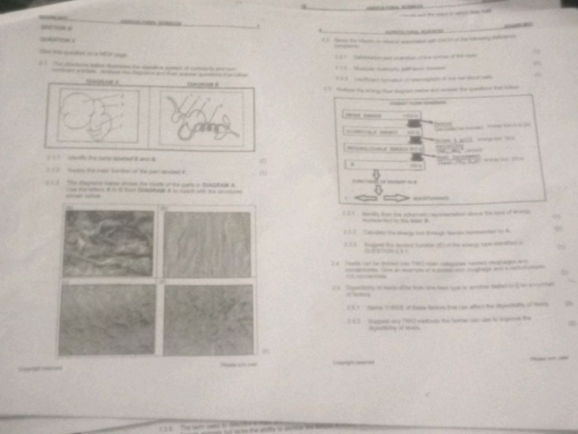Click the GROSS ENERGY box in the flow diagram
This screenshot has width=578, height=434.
[378, 115]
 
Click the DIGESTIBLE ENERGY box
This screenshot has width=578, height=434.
[378, 130]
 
